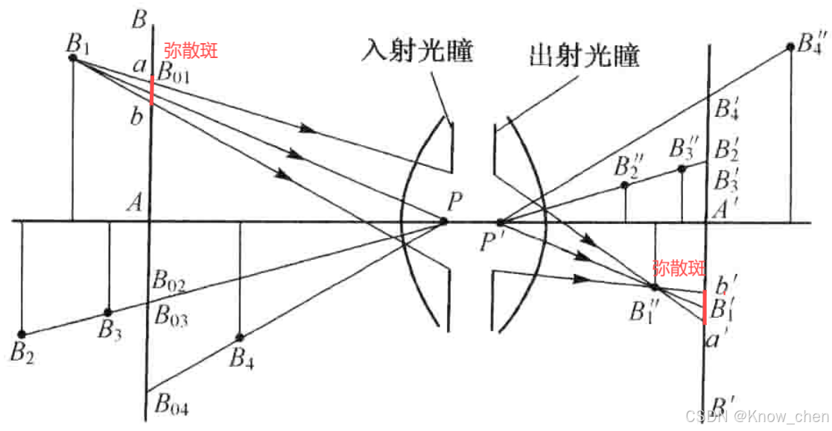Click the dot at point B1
click(x=73, y=57)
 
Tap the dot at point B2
click(x=22, y=333)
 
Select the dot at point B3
click(x=108, y=312)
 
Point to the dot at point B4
click(x=240, y=337)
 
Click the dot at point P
click(x=444, y=221)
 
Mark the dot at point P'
click(x=501, y=221)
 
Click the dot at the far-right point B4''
click(x=790, y=47)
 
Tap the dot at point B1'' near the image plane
click(x=654, y=287)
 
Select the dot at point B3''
click(x=682, y=169)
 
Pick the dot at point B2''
click(x=625, y=184)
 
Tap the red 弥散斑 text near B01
click(x=191, y=51)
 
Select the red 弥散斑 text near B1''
click(x=678, y=267)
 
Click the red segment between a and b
click(x=152, y=90)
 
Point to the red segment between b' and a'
click(x=705, y=307)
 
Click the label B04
click(x=171, y=406)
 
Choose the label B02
click(x=169, y=281)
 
